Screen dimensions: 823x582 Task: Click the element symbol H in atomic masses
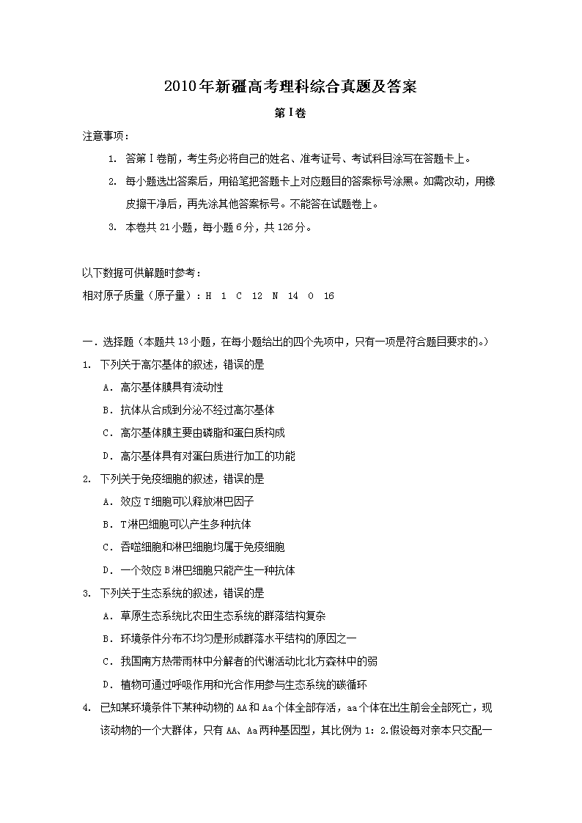(x=208, y=296)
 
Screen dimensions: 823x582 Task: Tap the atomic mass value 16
(x=328, y=296)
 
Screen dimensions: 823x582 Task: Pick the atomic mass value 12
(x=257, y=296)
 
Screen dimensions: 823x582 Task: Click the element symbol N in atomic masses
(x=274, y=296)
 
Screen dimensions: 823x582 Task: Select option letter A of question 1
(x=106, y=387)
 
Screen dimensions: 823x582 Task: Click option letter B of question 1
(x=106, y=410)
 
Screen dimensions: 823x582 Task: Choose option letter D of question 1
(x=106, y=456)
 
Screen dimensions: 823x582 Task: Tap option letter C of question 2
(x=106, y=547)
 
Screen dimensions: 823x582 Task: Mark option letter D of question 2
(x=106, y=570)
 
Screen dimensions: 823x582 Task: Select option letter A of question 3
(x=106, y=616)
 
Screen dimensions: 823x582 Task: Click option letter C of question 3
(x=106, y=662)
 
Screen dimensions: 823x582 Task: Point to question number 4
(x=86, y=708)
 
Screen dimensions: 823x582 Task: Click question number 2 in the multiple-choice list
(x=86, y=479)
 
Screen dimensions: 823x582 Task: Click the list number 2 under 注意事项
(x=112, y=182)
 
